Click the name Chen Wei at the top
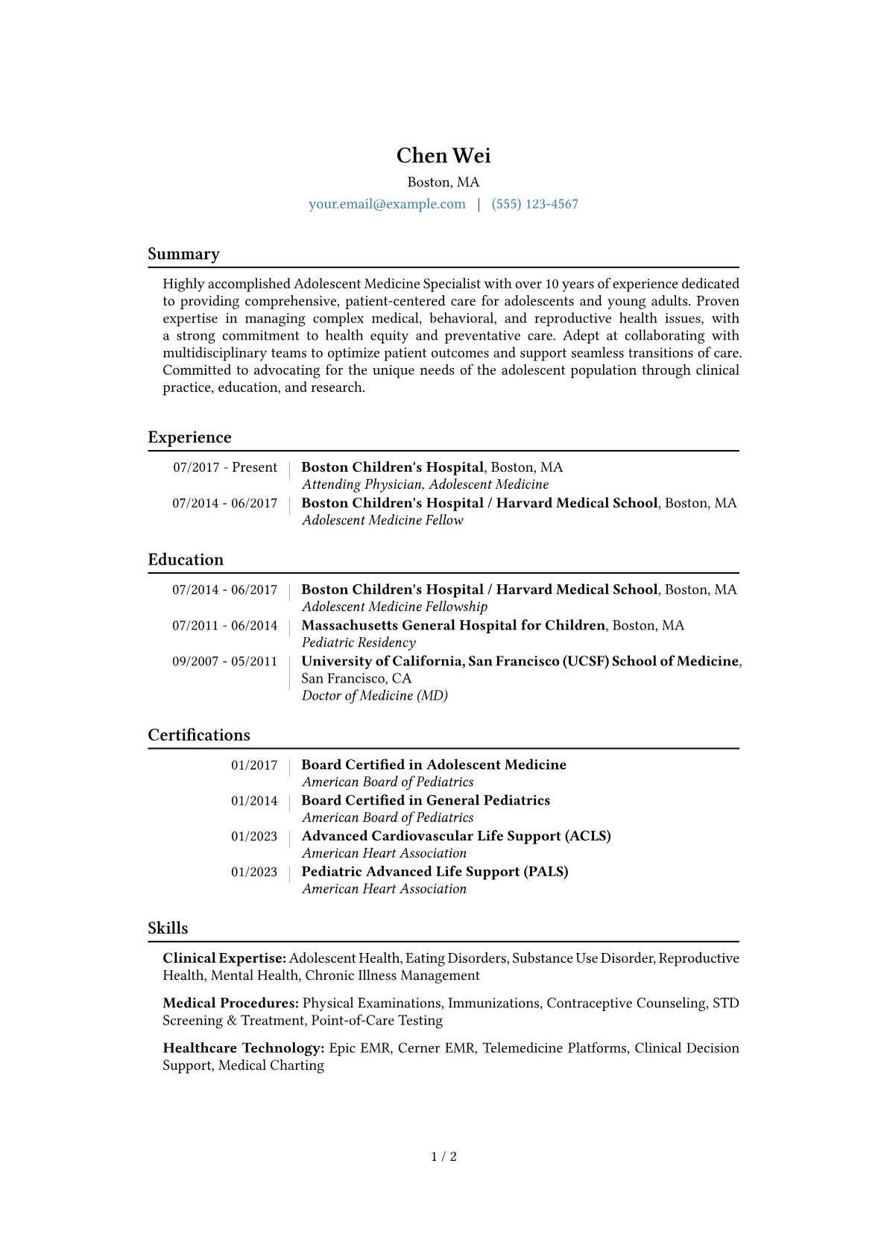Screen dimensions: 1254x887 pyautogui.click(x=443, y=156)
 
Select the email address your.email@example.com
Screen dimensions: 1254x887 pyautogui.click(x=387, y=204)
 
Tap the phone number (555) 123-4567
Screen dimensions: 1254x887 pyautogui.click(x=534, y=204)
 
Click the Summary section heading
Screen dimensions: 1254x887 pyautogui.click(x=183, y=254)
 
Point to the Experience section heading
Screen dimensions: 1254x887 pyautogui.click(x=189, y=437)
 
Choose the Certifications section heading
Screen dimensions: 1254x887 pyautogui.click(x=199, y=735)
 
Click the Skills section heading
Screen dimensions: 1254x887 pyautogui.click(x=168, y=928)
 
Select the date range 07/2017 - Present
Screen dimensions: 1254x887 pyautogui.click(x=225, y=468)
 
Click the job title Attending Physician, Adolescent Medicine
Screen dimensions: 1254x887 pyautogui.click(x=425, y=485)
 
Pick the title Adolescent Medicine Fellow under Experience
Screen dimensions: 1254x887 pyautogui.click(x=382, y=521)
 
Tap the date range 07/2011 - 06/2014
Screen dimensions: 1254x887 pyautogui.click(x=224, y=626)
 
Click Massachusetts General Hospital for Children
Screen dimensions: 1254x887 pyautogui.click(x=453, y=626)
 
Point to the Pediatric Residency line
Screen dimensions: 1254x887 pyautogui.click(x=359, y=643)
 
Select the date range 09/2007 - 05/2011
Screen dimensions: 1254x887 pyautogui.click(x=224, y=662)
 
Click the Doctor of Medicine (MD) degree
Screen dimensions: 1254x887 pyautogui.click(x=374, y=696)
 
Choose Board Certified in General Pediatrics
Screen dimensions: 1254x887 pyautogui.click(x=426, y=801)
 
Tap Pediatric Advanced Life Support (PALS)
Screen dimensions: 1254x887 pyautogui.click(x=435, y=872)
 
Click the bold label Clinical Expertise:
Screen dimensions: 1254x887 pyautogui.click(x=224, y=959)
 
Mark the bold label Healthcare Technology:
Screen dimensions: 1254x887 pyautogui.click(x=243, y=1048)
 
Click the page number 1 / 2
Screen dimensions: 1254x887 pyautogui.click(x=443, y=1157)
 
